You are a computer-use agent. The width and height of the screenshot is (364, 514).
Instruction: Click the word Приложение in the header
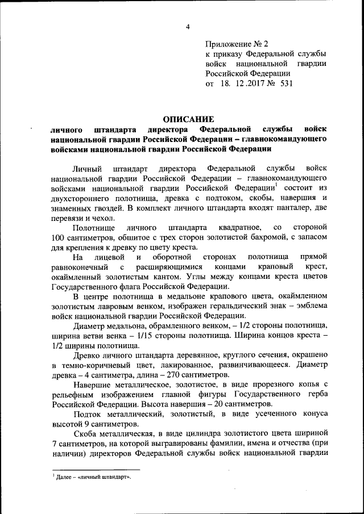[x=227, y=43]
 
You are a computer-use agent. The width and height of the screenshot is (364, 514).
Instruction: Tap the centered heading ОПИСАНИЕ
[x=188, y=119]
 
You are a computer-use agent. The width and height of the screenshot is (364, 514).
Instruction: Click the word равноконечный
[x=79, y=267]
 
